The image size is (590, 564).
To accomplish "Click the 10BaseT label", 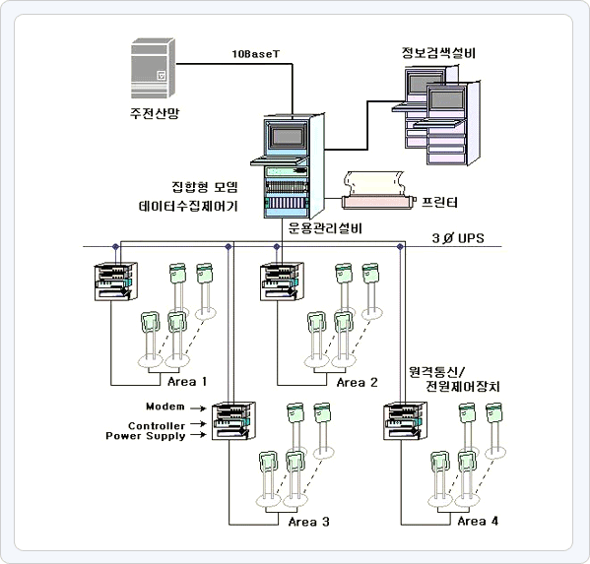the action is click(256, 54).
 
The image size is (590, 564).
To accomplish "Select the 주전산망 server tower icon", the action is click(153, 68).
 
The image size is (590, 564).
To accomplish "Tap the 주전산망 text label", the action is click(155, 113).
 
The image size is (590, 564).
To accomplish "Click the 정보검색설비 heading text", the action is click(438, 53).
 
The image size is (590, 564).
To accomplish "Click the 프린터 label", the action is click(439, 203).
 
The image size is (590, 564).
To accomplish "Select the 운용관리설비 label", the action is click(325, 228).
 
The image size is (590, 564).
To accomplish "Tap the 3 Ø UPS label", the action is click(458, 238).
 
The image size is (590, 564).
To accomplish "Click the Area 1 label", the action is click(187, 382).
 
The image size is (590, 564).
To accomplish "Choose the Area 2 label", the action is click(358, 383).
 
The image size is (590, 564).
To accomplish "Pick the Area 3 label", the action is click(309, 522).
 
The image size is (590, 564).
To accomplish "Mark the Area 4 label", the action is click(478, 521).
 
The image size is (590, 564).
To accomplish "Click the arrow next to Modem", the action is click(198, 408).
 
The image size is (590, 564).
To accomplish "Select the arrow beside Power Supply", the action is click(198, 435).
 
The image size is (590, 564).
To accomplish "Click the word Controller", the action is click(157, 426).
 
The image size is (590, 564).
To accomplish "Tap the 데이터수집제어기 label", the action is click(188, 206).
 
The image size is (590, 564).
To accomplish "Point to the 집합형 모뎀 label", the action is click(205, 187).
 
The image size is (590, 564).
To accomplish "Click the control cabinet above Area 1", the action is click(115, 282).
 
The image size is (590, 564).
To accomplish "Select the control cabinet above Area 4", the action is click(405, 420).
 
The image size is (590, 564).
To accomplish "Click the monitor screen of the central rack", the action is click(288, 136).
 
